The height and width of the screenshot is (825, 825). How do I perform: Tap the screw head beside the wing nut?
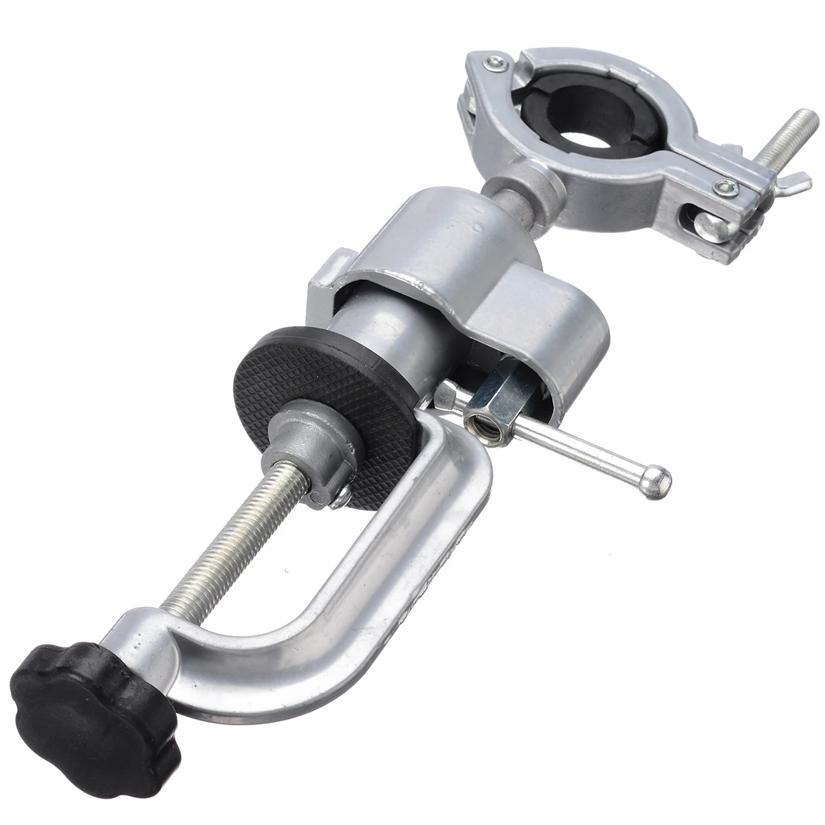[723, 186]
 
